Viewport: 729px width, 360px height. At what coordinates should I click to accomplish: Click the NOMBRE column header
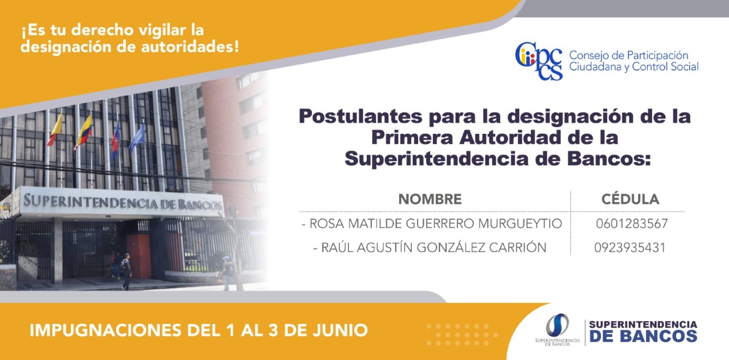pos(430,199)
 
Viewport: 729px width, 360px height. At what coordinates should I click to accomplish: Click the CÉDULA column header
pos(630,199)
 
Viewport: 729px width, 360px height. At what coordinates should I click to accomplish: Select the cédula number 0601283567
pos(632,224)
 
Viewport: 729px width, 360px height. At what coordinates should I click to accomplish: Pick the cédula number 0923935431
pos(630,248)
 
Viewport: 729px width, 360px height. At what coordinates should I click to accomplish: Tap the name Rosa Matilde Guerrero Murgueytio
pos(436,224)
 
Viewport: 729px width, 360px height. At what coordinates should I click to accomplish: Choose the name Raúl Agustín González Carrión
pos(433,247)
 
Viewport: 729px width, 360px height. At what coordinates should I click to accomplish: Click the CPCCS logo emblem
pos(539,61)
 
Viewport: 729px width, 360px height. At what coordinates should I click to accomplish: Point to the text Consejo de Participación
pos(628,56)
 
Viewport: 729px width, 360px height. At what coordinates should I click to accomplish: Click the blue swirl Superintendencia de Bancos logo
pos(557,325)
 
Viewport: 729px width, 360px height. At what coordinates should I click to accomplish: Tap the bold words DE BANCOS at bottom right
pos(643,337)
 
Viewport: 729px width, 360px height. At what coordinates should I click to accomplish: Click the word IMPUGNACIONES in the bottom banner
pos(105,330)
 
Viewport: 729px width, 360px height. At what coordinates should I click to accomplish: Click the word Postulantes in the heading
pos(361,116)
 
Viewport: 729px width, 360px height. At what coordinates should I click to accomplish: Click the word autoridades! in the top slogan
pos(190,47)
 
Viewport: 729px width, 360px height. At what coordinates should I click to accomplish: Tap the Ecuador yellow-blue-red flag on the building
pos(84,132)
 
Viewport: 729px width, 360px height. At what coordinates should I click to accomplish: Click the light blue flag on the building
pos(137,138)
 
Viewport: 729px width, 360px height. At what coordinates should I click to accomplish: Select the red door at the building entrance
pos(138,256)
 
